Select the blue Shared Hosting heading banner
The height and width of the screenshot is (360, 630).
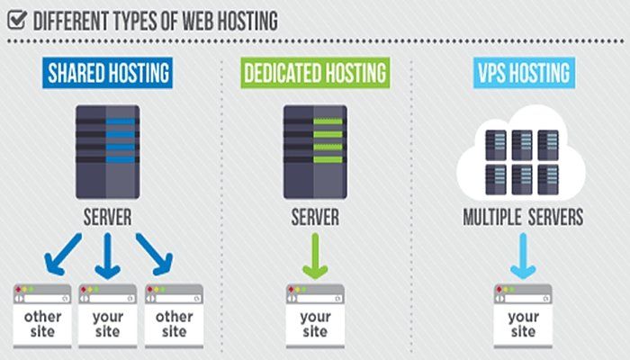[x=107, y=73]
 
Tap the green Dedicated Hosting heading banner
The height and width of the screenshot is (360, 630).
[x=314, y=73]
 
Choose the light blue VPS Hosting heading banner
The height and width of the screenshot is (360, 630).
[x=523, y=73]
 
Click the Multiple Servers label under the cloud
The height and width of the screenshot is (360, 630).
[x=523, y=219]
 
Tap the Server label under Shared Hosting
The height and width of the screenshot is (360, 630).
[x=107, y=219]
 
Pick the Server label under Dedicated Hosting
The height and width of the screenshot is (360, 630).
[x=314, y=219]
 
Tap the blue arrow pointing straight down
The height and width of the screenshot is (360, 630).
[x=108, y=254]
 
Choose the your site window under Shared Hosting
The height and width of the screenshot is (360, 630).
[x=108, y=316]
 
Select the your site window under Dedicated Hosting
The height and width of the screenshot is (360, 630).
[x=315, y=316]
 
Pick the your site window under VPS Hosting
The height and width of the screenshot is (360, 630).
[x=523, y=316]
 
